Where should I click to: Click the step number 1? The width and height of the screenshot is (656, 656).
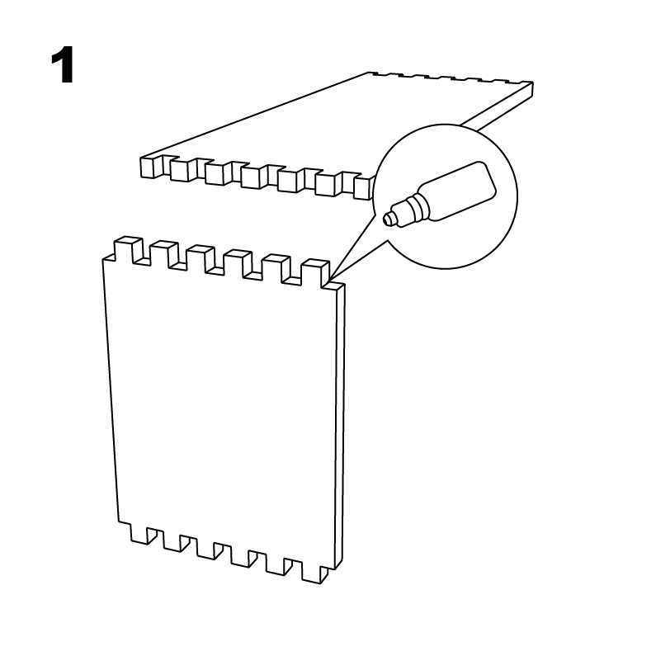click(x=63, y=65)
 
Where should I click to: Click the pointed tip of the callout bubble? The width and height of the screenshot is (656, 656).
click(x=329, y=279)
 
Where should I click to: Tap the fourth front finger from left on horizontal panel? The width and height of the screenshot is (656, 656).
click(x=252, y=177)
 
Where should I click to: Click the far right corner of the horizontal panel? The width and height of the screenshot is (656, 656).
click(x=533, y=83)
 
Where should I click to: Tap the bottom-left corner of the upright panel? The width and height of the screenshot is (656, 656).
click(x=119, y=521)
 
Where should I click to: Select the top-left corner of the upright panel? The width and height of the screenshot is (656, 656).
click(x=103, y=259)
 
